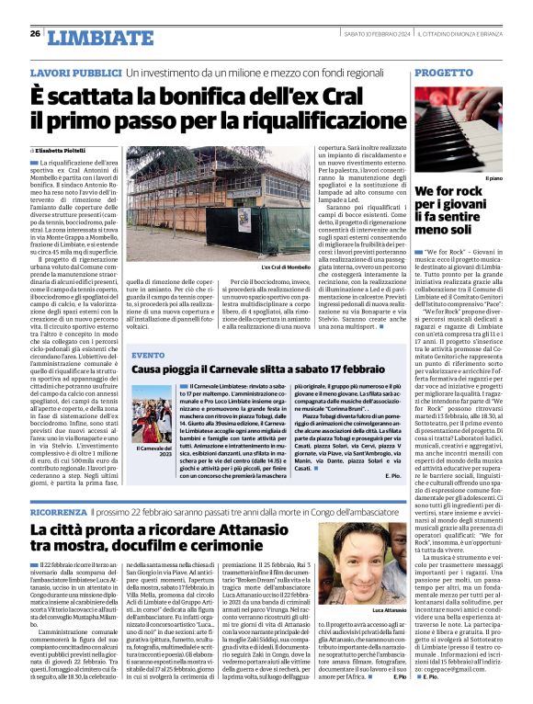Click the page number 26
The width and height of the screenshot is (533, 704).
[x=34, y=33]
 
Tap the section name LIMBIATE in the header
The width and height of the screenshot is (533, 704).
[x=88, y=38]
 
